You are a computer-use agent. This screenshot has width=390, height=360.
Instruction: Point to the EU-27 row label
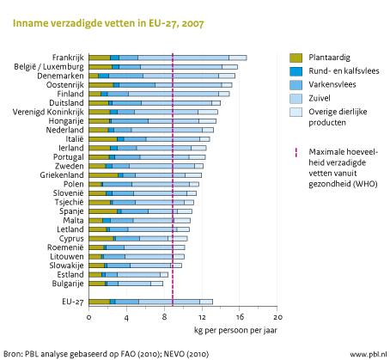coord(69,302)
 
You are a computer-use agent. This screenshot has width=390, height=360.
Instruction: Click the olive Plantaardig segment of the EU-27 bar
coord(99,302)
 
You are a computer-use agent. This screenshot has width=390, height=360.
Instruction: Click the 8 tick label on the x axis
coord(164,317)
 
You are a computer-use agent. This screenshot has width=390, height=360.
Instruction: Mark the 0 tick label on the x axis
coord(88,317)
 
